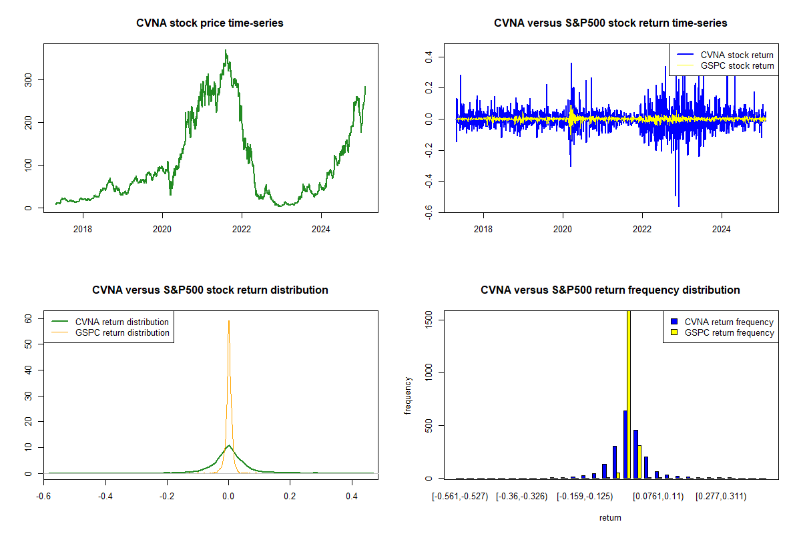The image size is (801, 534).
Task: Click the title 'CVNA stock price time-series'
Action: click(210, 23)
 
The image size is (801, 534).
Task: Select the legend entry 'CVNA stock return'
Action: click(737, 55)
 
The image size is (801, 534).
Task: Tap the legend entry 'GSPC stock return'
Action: click(737, 66)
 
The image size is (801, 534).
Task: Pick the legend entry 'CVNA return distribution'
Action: click(121, 322)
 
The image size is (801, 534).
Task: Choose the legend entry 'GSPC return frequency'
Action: click(729, 332)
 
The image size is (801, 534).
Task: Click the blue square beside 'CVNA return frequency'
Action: click(674, 322)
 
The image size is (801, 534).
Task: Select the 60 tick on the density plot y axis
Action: click(29, 319)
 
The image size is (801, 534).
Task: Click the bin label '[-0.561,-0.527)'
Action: click(461, 497)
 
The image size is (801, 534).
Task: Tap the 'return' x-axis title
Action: click(610, 517)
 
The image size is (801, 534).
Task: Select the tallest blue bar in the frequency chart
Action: click(625, 444)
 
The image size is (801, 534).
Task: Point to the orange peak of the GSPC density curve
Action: click(229, 322)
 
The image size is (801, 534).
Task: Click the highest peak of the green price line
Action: click(226, 51)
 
